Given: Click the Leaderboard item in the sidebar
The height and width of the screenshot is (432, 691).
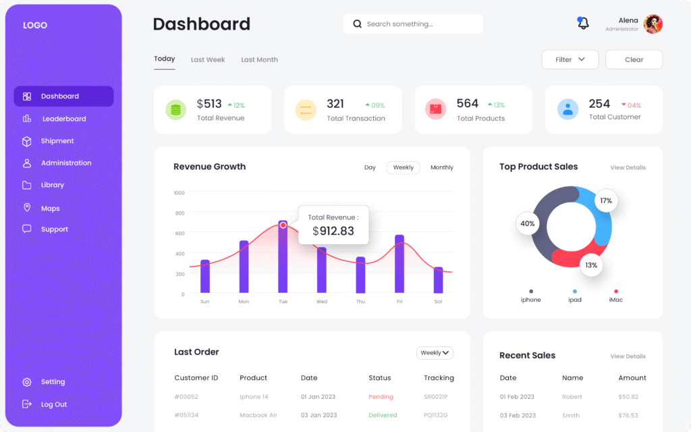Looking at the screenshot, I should point(63,119).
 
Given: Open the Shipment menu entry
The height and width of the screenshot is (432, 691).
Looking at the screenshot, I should point(57,141).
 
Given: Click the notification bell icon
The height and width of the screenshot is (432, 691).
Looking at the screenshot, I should point(583,24).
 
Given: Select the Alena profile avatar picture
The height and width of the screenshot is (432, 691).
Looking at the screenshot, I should point(653,24).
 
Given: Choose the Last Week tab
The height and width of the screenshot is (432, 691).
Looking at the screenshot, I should point(208,60).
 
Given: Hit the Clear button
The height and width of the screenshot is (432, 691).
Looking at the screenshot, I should point(634,59).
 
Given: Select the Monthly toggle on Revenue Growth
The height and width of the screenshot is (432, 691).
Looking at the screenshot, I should point(442,167).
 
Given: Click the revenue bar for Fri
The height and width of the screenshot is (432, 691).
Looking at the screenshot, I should point(399,265).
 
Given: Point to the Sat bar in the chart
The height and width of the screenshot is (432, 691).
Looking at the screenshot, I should point(438,280).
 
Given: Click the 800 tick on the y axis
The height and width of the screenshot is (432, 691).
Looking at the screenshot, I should point(179,213).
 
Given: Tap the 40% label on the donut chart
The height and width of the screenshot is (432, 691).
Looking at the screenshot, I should point(528,223).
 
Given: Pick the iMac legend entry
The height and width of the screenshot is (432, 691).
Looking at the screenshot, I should point(615,299).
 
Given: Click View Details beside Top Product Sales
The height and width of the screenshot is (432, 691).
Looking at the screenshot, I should point(628,167).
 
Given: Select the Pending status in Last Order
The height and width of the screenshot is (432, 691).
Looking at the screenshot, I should point(381,397).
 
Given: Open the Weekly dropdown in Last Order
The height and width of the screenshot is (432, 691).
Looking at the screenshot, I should point(435,352).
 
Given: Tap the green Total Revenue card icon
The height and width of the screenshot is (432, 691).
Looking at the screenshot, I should point(176,109).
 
